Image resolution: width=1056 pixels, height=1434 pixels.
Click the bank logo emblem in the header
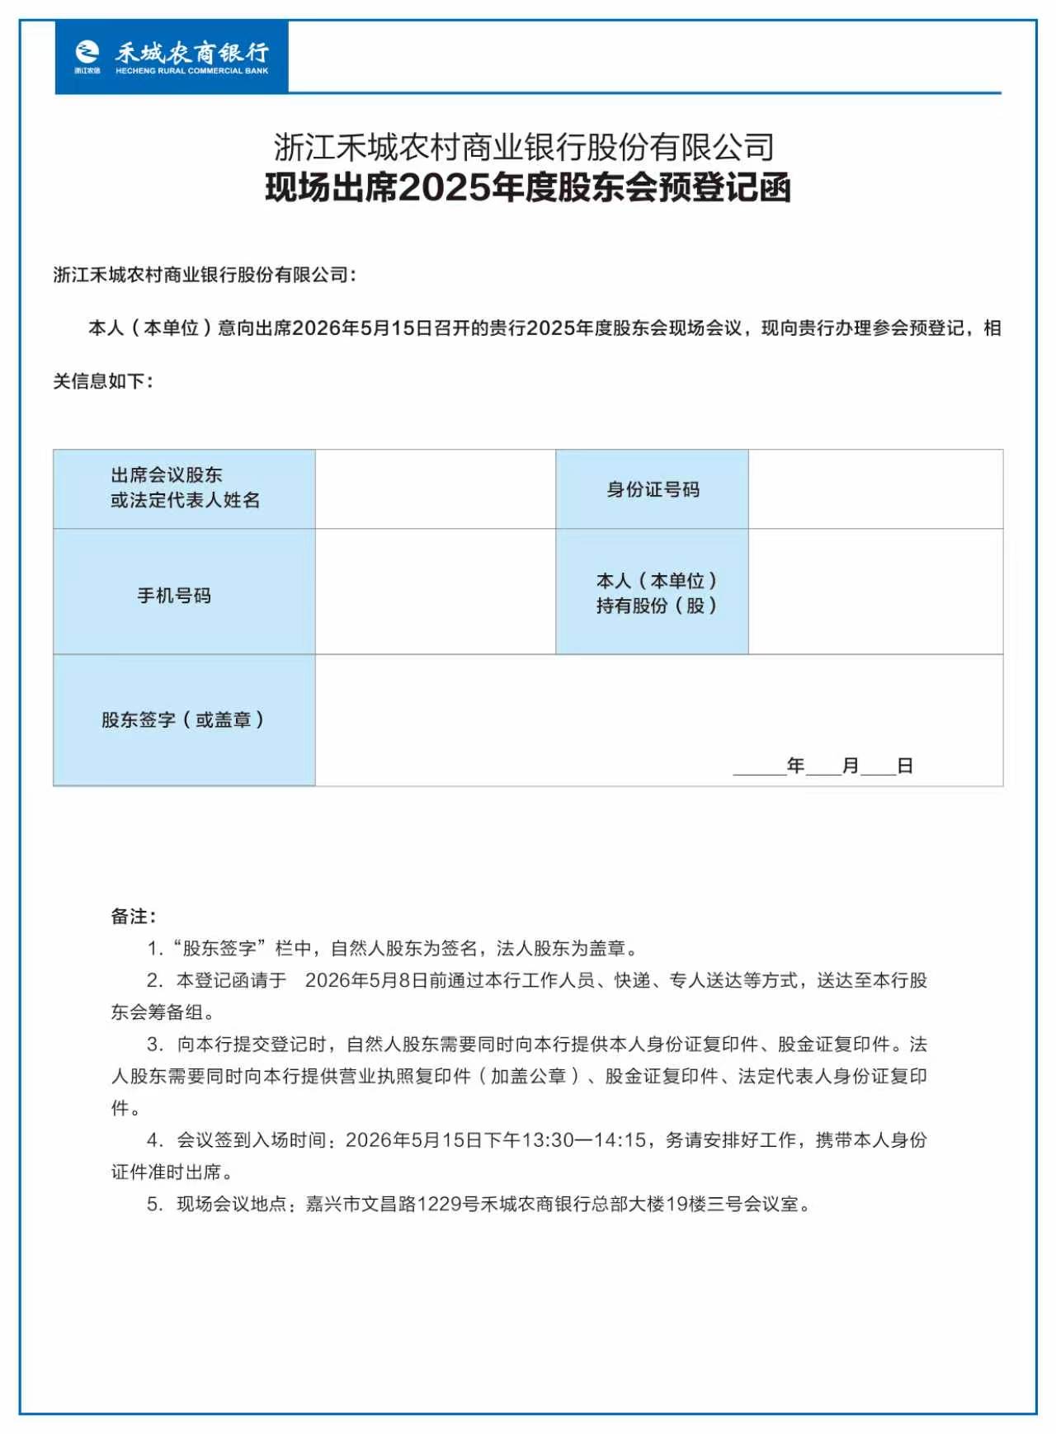(87, 53)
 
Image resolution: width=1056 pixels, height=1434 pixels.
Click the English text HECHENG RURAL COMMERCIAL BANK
(192, 72)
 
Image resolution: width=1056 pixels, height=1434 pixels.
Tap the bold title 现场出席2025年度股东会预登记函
(528, 188)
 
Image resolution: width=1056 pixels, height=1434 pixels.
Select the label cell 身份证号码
(653, 489)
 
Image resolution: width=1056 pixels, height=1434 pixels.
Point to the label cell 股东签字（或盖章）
(184, 719)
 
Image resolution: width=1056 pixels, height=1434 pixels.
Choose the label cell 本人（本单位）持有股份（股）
(653, 592)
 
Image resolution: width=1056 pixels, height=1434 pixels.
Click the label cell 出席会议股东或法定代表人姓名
(184, 488)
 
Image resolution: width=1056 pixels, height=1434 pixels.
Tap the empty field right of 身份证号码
(875, 489)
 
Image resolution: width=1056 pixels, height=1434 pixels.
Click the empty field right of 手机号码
(436, 592)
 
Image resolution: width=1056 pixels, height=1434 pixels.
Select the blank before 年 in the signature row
(759, 767)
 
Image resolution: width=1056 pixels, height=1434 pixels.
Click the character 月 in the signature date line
(851, 766)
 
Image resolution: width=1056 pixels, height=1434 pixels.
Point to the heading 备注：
(134, 916)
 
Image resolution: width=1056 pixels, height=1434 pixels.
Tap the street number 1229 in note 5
(440, 1204)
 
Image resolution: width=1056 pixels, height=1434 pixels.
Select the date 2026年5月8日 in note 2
(366, 980)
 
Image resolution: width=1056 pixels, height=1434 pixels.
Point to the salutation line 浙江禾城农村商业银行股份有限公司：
(205, 275)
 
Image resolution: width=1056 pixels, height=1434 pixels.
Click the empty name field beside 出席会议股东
(436, 489)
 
